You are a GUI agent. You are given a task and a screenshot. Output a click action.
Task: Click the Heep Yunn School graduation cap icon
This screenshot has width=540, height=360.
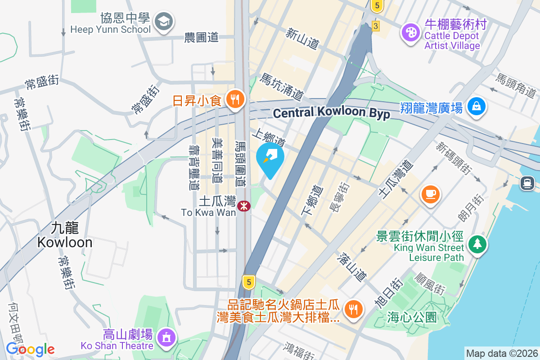click(x=163, y=21)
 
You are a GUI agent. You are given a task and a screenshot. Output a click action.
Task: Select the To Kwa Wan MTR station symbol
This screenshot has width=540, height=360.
click(x=244, y=206)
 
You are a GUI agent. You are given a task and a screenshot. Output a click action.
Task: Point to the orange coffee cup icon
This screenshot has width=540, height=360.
click(x=430, y=194)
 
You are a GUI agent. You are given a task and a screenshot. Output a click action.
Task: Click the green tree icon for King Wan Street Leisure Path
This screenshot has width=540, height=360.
click(x=476, y=244)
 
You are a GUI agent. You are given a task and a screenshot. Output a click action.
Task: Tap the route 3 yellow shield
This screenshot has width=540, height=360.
click(x=375, y=26)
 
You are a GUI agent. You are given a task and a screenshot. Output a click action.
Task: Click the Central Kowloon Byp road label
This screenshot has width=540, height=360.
click(x=331, y=113)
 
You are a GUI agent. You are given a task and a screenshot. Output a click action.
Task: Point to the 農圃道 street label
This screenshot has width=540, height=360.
click(x=201, y=38)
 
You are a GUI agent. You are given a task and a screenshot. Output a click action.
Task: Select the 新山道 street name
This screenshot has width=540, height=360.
click(x=302, y=37)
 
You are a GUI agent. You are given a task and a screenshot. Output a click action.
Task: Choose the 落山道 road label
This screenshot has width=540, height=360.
click(x=352, y=267)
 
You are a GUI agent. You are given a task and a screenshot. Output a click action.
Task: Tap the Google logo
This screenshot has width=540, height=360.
click(x=30, y=349)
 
